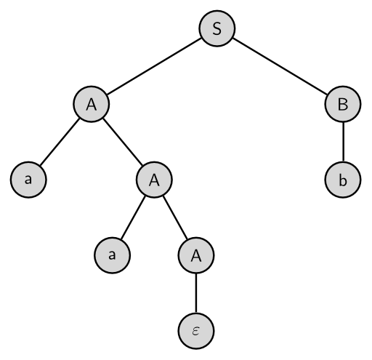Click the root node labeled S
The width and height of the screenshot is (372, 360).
tap(217, 28)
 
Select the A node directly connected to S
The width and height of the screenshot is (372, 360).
tap(92, 104)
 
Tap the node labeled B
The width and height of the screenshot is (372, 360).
tap(343, 104)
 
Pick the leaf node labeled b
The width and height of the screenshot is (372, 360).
tap(343, 180)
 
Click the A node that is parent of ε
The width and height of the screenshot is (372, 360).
tap(196, 255)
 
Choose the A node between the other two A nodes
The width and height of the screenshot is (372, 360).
tap(154, 180)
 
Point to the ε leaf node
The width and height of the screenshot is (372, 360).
tap(196, 331)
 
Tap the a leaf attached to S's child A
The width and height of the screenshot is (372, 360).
tap(28, 180)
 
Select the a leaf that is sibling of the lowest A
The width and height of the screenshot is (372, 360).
tap(113, 255)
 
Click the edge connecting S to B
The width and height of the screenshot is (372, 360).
tap(280, 66)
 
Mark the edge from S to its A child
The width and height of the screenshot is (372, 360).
tap(154, 66)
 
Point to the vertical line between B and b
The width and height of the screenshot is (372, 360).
tap(343, 142)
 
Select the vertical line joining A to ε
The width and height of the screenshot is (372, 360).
tap(196, 293)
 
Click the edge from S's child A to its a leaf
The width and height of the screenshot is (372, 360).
tap(60, 142)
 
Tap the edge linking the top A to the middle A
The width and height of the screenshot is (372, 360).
tap(123, 142)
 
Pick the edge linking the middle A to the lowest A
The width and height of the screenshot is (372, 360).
tap(175, 217)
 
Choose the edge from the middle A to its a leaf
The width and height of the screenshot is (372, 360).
tap(133, 217)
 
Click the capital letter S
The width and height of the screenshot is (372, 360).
tap(217, 28)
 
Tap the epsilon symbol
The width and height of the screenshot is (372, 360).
tap(196, 332)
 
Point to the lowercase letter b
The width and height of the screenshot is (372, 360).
tap(343, 180)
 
